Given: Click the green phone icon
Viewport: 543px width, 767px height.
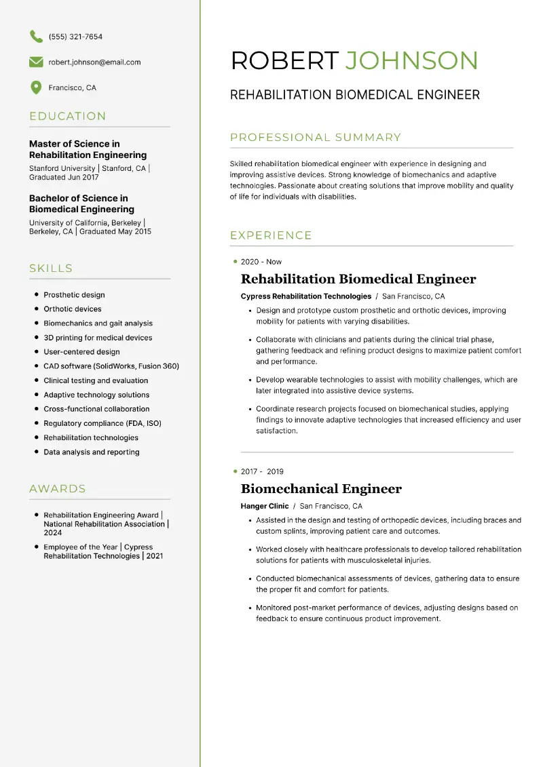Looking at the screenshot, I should click(x=36, y=37).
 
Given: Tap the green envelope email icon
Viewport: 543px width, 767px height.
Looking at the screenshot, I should click(x=36, y=62).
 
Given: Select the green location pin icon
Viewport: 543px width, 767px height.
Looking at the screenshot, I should click(x=36, y=87).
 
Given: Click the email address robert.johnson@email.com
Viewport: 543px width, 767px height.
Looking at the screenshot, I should click(x=94, y=62).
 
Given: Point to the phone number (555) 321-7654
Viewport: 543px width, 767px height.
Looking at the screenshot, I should click(x=75, y=37).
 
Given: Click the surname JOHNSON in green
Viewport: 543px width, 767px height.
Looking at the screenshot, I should click(x=412, y=61).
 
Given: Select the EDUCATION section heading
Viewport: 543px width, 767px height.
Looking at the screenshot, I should click(x=68, y=116).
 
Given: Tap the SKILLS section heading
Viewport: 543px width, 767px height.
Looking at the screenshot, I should click(x=51, y=269).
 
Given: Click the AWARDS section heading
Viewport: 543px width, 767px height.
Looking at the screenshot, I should click(x=58, y=488).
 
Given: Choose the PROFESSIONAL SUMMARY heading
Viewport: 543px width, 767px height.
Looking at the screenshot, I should click(x=316, y=138).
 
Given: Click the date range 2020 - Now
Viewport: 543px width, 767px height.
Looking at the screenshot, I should click(x=261, y=262).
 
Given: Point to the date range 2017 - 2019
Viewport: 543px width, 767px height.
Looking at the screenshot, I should click(x=262, y=471).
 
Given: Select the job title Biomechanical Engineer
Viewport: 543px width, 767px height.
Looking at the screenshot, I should click(x=321, y=489).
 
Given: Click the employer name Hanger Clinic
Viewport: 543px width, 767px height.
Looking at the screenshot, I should click(x=265, y=506).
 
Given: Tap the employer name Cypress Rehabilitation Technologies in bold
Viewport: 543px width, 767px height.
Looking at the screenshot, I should click(x=306, y=296).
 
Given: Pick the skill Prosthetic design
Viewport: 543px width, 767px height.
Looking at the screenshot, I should click(x=74, y=295).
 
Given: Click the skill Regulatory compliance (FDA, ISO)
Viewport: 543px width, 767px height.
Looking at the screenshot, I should click(x=102, y=423).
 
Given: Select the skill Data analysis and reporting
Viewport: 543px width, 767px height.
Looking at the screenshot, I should click(x=92, y=452).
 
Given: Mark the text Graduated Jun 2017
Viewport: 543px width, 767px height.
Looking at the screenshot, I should click(x=64, y=178).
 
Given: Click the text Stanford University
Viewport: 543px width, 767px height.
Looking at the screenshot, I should click(x=62, y=168).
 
